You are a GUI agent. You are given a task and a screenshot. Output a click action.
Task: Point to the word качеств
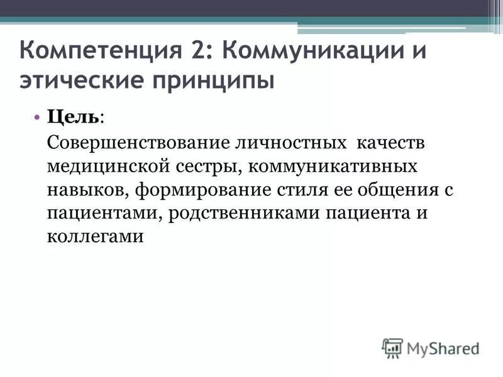(x=391, y=143)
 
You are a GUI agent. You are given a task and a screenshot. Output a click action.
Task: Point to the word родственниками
(x=245, y=214)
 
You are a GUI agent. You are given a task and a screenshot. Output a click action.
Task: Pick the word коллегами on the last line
(x=96, y=238)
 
